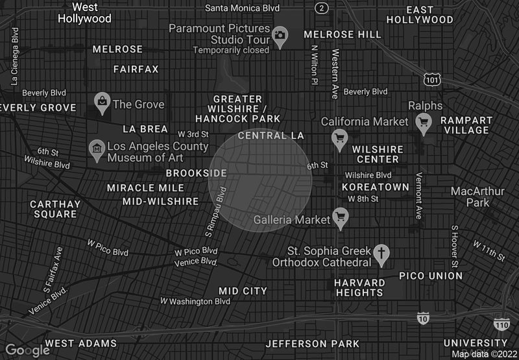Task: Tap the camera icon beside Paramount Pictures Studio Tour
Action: pyautogui.click(x=280, y=35)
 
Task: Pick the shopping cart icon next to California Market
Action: pyautogui.click(x=339, y=138)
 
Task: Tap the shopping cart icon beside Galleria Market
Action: pyautogui.click(x=340, y=217)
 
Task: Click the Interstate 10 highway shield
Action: pyautogui.click(x=423, y=318)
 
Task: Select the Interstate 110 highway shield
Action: pyautogui.click(x=501, y=324)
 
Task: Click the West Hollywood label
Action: pyautogui.click(x=84, y=12)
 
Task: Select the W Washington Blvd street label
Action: pyautogui.click(x=195, y=301)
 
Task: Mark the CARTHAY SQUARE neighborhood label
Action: pyautogui.click(x=55, y=209)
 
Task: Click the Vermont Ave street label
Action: pyautogui.click(x=418, y=195)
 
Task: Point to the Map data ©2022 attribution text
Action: pyautogui.click(x=485, y=354)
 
